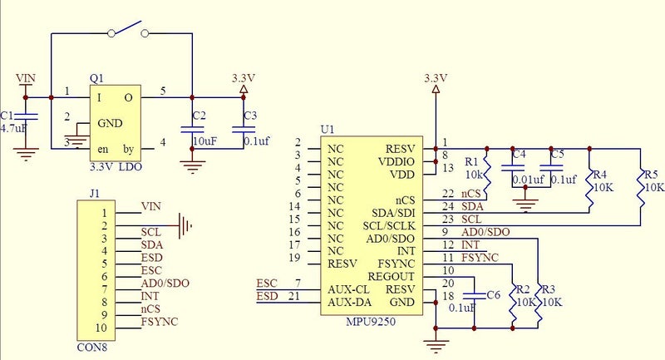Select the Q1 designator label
click(97, 78)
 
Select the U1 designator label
click(328, 131)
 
